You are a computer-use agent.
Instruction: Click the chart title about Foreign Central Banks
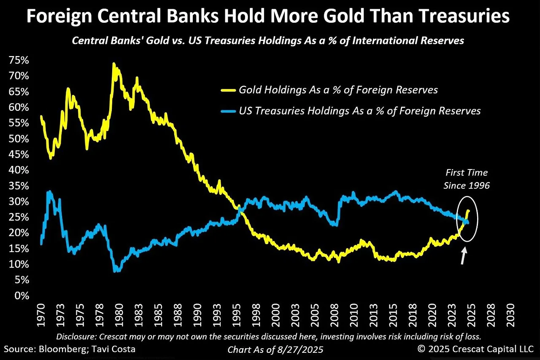[268, 17]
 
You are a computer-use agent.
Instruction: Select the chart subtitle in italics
[268, 41]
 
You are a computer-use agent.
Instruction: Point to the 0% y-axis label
[20, 296]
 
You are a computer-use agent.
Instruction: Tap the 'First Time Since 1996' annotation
[467, 179]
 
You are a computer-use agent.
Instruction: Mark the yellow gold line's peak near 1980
[114, 64]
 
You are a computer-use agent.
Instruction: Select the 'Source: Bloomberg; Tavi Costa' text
[70, 349]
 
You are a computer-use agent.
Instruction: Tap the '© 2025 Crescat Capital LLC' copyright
[475, 349]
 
